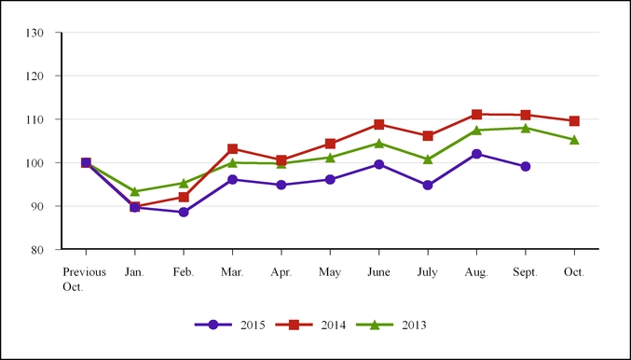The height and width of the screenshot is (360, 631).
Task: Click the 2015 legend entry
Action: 230,325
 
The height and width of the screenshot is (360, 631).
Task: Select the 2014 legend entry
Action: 310,325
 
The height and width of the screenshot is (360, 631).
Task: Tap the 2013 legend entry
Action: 391,325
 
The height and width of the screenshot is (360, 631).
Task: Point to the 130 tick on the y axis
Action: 34,33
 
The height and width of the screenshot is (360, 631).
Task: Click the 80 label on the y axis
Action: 37,250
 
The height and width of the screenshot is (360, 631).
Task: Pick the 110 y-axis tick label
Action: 34,119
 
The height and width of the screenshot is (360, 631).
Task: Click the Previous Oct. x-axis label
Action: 84,280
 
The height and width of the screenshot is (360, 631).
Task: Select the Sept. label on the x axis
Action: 525,272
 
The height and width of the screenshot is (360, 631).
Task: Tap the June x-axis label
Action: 378,272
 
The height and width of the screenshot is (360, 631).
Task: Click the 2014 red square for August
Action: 476,115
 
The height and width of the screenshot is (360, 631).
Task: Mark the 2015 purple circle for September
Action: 525,166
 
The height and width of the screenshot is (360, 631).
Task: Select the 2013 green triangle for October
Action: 574,140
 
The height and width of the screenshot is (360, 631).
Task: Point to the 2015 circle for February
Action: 184,213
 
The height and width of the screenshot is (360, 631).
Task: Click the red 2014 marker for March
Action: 233,149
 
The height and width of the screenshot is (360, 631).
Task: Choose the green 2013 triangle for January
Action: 135,191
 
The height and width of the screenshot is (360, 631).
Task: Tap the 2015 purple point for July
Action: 428,186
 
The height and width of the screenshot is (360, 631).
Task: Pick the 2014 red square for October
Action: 574,121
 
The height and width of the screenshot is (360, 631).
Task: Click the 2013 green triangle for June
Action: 378,143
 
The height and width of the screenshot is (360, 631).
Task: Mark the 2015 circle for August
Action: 476,154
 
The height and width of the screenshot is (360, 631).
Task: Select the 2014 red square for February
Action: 184,197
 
